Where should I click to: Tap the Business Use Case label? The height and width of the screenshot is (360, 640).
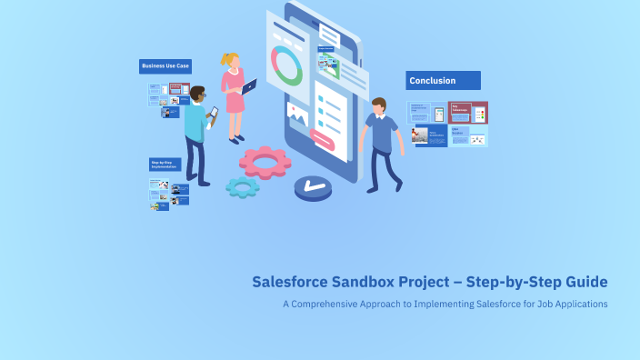pos(165,66)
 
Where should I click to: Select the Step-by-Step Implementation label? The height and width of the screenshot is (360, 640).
pos(165,165)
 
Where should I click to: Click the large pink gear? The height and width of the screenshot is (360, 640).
pos(265,162)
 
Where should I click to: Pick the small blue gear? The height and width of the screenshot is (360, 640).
pos(243,187)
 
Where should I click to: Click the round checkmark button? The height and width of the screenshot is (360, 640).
pos(314,187)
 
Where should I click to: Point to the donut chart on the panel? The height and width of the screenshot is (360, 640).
pos(287,66)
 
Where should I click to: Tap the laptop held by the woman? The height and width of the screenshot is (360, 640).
pos(249,87)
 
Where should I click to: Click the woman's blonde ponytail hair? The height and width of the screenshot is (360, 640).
pos(227,60)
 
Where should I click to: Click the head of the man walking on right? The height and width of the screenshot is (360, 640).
pos(378,105)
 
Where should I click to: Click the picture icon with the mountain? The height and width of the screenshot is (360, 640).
pos(297,113)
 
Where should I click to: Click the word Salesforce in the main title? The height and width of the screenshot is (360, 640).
pos(292,282)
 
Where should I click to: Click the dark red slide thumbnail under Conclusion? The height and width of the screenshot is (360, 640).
pos(468,113)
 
